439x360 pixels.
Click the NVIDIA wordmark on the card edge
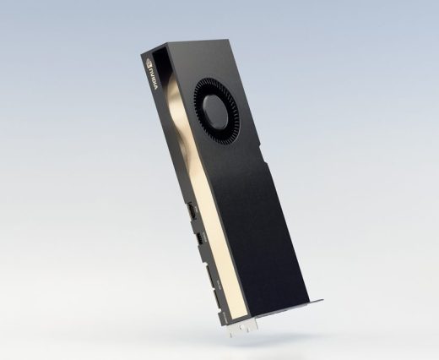point(154,79)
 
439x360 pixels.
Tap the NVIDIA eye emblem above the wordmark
point(149,63)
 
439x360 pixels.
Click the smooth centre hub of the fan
point(215,111)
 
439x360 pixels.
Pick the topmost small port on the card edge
point(192,210)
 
